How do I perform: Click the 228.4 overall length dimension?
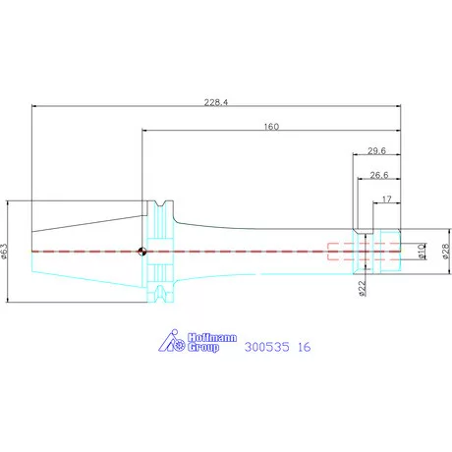216,102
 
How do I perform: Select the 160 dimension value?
271,127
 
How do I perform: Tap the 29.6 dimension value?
376,150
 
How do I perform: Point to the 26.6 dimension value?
379,175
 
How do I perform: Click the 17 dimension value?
387,199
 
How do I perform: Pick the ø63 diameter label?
4,252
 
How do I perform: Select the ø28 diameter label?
446,252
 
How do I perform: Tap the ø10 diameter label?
422,252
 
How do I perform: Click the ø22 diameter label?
362,289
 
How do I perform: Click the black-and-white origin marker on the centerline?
142,252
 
